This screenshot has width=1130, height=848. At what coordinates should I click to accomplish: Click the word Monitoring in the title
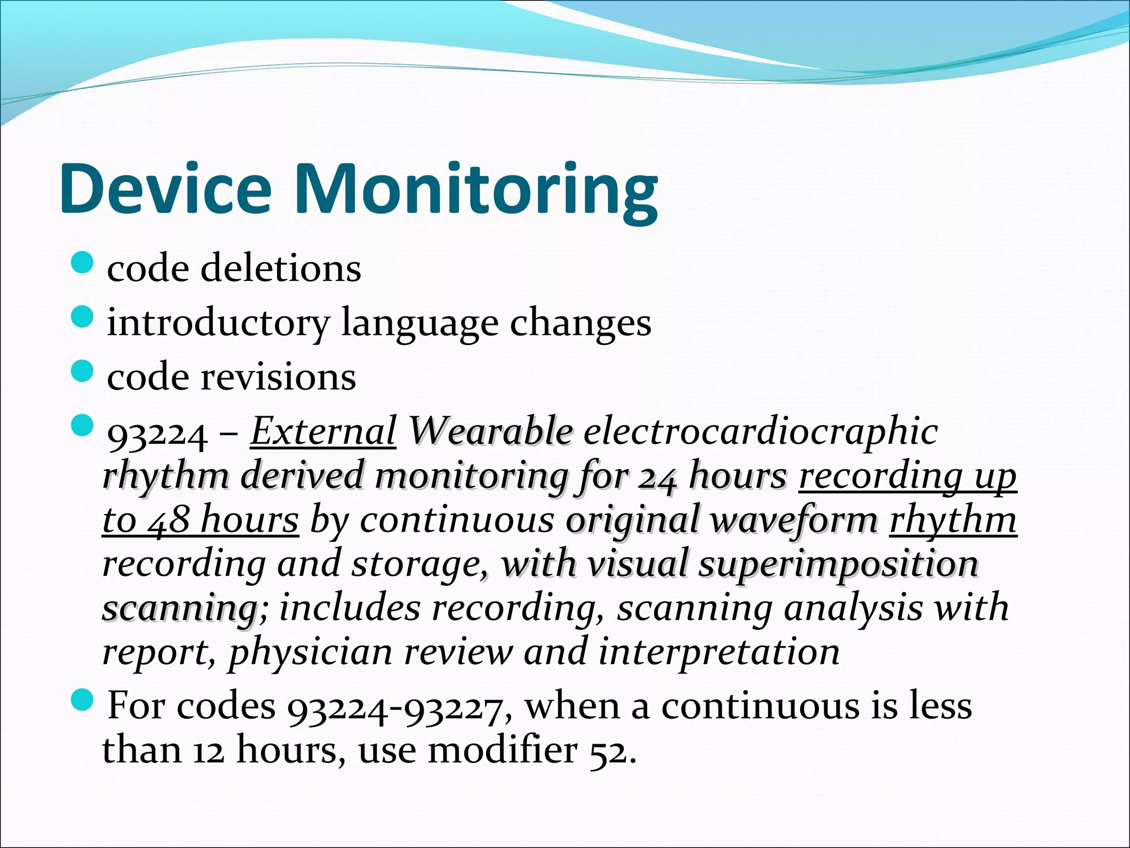tap(476, 189)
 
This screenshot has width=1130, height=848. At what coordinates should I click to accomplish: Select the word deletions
tap(281, 268)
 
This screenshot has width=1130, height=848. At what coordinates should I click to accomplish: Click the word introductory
tap(217, 323)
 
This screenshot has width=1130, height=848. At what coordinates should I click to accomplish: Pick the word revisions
tap(278, 378)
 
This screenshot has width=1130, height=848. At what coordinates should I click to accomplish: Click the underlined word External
tap(323, 431)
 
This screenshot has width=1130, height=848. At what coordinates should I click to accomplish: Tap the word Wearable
tap(490, 431)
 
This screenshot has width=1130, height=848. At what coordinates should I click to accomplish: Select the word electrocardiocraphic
tap(760, 431)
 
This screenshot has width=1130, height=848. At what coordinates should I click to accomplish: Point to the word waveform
tap(793, 520)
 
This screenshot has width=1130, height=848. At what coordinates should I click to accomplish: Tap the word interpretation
tap(719, 652)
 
